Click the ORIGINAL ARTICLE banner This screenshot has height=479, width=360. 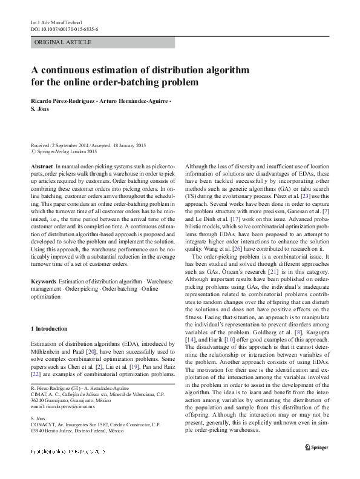[64, 42]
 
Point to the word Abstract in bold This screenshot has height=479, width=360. [41, 165]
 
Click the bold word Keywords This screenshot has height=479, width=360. [43, 283]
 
